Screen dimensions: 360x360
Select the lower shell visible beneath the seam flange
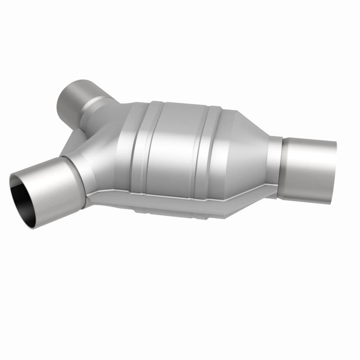click(180, 211)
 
